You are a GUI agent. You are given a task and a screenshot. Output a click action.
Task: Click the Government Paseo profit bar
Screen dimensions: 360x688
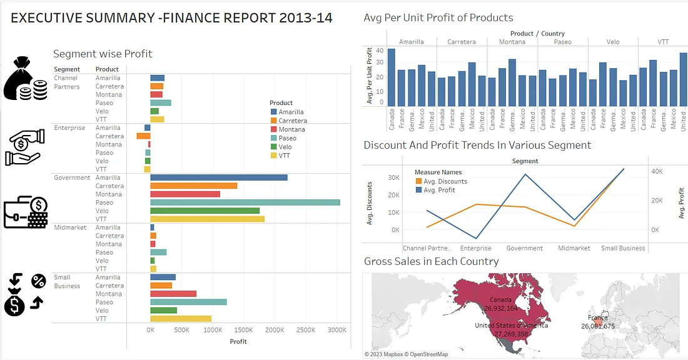click(245, 202)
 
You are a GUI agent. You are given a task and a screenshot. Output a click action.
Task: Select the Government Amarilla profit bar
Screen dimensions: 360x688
click(218, 177)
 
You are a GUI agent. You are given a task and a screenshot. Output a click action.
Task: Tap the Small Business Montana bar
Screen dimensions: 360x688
click(173, 294)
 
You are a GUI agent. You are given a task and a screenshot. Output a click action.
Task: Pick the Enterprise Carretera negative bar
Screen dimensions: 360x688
click(143, 136)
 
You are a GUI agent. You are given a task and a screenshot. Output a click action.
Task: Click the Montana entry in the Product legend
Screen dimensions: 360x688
click(291, 129)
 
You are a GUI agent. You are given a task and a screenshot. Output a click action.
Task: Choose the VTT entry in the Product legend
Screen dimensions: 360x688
click(285, 156)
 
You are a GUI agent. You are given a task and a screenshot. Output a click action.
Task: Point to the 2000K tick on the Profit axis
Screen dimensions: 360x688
click(274, 330)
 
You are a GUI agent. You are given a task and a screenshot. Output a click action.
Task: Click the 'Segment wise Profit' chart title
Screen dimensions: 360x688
click(103, 54)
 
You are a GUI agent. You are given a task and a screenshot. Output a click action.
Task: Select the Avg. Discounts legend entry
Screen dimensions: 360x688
click(445, 181)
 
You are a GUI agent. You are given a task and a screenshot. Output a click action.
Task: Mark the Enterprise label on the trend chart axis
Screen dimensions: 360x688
click(475, 248)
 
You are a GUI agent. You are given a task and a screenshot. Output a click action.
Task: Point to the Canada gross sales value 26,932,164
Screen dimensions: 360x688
click(500, 308)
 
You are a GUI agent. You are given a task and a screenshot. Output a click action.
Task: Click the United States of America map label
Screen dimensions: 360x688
click(511, 326)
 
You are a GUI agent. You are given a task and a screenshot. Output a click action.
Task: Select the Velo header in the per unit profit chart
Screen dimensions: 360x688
click(613, 42)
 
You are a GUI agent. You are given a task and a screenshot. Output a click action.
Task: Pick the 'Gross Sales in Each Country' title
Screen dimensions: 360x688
click(431, 261)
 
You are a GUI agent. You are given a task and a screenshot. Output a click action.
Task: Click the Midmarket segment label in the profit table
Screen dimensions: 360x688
click(70, 227)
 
